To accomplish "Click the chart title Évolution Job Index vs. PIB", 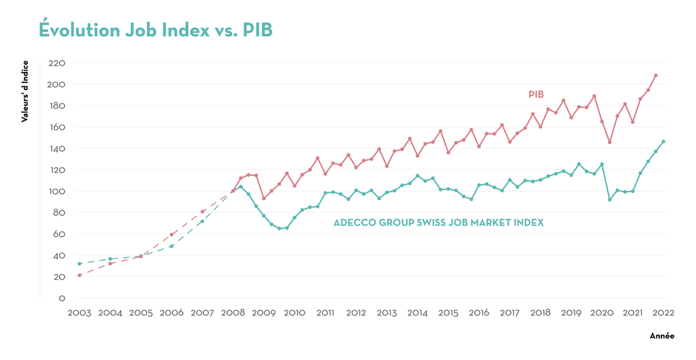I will click(x=155, y=30).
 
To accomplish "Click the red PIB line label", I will click(x=535, y=94).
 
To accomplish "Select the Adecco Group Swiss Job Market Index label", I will click(x=438, y=223).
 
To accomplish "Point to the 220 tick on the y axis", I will click(x=57, y=63).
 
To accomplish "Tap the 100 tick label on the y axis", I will click(x=57, y=192).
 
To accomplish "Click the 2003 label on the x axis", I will click(x=79, y=313).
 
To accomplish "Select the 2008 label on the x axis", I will click(x=233, y=313).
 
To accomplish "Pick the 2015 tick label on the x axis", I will click(x=448, y=313).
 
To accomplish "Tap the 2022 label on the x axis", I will click(x=664, y=313).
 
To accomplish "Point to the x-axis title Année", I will click(x=661, y=336).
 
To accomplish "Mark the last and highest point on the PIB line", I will click(x=656, y=75).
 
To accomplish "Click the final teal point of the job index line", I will click(x=664, y=141).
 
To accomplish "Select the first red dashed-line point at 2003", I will click(x=79, y=275).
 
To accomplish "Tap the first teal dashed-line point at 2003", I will click(x=79, y=264).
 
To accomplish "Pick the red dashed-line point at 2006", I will click(x=171, y=234).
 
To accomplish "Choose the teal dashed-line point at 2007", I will click(x=202, y=221).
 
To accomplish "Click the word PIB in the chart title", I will click(x=257, y=30).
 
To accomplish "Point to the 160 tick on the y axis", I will click(x=57, y=127).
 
